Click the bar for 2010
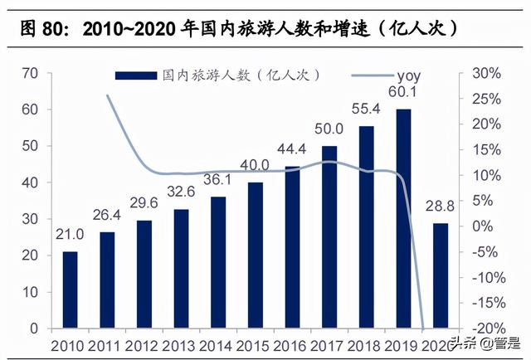71,289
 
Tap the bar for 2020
440,275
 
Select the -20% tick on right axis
487,328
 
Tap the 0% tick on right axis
492,226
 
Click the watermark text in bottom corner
485,343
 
